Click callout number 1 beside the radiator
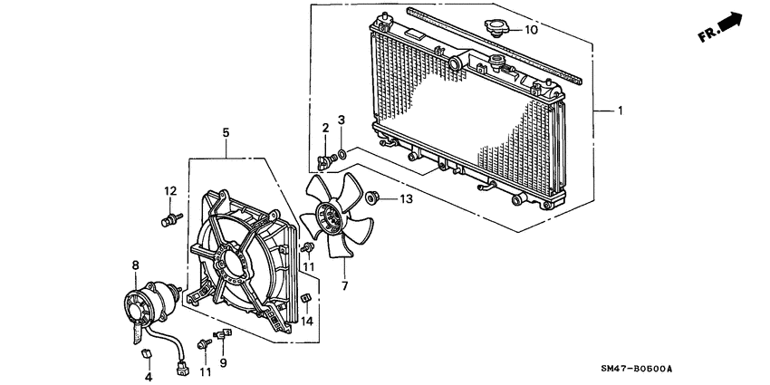point(620,111)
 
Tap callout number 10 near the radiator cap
point(531,30)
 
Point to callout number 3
point(342,120)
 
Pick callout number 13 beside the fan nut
point(405,198)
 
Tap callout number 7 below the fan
point(344,285)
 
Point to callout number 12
point(169,190)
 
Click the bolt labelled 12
point(169,219)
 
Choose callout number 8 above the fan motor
point(135,265)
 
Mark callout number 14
point(307,320)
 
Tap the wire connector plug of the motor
point(184,368)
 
